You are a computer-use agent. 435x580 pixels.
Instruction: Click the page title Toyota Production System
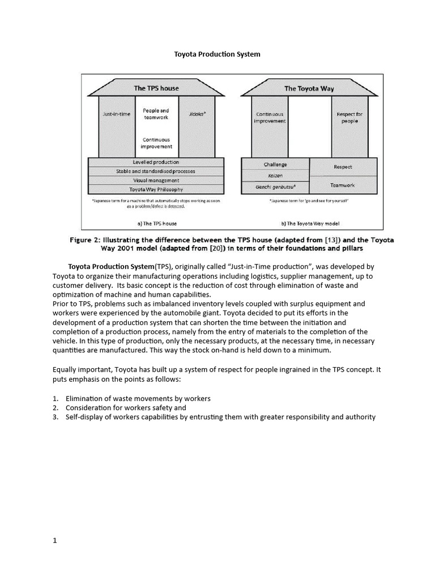pyautogui.click(x=216, y=54)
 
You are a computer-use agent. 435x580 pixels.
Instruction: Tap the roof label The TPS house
pyautogui.click(x=156, y=88)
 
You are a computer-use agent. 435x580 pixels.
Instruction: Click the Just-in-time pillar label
pyautogui.click(x=116, y=114)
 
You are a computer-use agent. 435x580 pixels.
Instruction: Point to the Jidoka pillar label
pyautogui.click(x=197, y=114)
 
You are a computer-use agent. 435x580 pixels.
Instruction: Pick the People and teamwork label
pyautogui.click(x=156, y=114)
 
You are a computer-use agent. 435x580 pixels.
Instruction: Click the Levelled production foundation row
pyautogui.click(x=156, y=162)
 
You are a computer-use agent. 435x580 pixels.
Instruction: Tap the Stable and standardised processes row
pyautogui.click(x=156, y=171)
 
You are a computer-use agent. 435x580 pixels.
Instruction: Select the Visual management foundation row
pyautogui.click(x=156, y=180)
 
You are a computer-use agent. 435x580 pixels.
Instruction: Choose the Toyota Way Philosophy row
pyautogui.click(x=156, y=189)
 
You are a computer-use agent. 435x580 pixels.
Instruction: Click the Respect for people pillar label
pyautogui.click(x=349, y=117)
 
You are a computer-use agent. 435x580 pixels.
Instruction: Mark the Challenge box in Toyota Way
pyautogui.click(x=275, y=164)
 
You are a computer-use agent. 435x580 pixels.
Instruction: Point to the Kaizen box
pyautogui.click(x=275, y=175)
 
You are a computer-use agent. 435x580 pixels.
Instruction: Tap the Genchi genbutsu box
pyautogui.click(x=275, y=186)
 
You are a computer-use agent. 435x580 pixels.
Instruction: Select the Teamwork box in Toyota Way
pyautogui.click(x=343, y=185)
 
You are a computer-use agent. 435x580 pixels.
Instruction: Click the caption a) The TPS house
pyautogui.click(x=156, y=224)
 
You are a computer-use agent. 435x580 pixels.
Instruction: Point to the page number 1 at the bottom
pyautogui.click(x=55, y=540)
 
